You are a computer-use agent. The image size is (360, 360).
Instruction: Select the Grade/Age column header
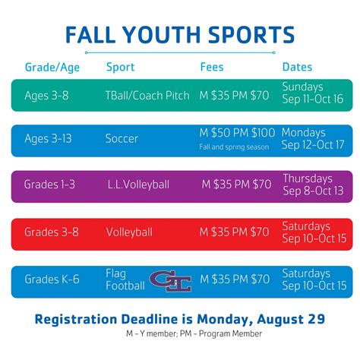(51, 67)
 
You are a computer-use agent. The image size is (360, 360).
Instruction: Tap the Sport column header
(121, 67)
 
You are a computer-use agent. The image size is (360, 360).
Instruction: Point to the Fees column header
(212, 67)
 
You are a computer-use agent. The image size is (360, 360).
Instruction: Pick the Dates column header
(298, 67)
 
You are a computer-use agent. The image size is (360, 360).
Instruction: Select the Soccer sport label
(122, 139)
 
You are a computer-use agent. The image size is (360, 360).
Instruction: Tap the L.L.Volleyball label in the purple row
(139, 185)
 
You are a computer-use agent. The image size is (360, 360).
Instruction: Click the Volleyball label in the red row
(129, 232)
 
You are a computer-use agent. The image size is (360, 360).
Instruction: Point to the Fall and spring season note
(234, 147)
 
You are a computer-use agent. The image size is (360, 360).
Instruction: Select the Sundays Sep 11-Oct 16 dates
(312, 93)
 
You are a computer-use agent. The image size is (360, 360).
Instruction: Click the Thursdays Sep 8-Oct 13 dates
(312, 184)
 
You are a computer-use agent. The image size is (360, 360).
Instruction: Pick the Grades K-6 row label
(51, 279)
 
